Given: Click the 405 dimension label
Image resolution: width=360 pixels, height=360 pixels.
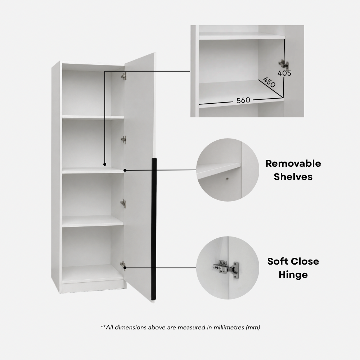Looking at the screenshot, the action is pyautogui.click(x=284, y=73).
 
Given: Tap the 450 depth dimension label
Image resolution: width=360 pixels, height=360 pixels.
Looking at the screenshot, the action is pyautogui.click(x=269, y=82).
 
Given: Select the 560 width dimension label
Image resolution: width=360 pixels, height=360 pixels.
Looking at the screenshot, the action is pyautogui.click(x=243, y=100).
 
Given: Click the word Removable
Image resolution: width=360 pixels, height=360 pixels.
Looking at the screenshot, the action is pyautogui.click(x=293, y=163).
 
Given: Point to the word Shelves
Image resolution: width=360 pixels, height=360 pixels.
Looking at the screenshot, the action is pyautogui.click(x=293, y=177).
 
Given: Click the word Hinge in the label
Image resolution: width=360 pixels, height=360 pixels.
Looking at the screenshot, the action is pyautogui.click(x=293, y=275).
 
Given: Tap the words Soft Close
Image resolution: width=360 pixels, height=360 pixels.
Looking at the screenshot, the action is pyautogui.click(x=293, y=261).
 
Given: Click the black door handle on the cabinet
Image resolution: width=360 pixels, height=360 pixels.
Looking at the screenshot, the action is pyautogui.click(x=154, y=229).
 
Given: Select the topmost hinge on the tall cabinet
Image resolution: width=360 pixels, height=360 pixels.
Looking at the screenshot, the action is pyautogui.click(x=124, y=76).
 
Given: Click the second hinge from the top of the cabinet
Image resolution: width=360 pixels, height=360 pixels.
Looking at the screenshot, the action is pyautogui.click(x=123, y=139).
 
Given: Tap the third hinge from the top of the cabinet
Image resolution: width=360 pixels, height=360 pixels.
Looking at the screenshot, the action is pyautogui.click(x=123, y=203).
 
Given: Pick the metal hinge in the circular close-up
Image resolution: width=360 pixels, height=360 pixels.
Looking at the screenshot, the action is pyautogui.click(x=226, y=269).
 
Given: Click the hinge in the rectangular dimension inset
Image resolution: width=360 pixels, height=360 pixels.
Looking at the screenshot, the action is pyautogui.click(x=284, y=64).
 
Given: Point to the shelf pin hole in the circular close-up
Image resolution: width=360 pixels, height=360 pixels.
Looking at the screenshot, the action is pyautogui.click(x=227, y=179).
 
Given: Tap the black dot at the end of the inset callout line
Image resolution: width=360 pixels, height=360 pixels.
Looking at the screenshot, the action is pyautogui.click(x=105, y=165).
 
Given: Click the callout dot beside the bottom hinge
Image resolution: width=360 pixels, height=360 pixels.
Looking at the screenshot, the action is pyautogui.click(x=125, y=268).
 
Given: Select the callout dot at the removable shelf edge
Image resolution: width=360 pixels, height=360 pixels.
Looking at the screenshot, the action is pyautogui.click(x=125, y=170).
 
